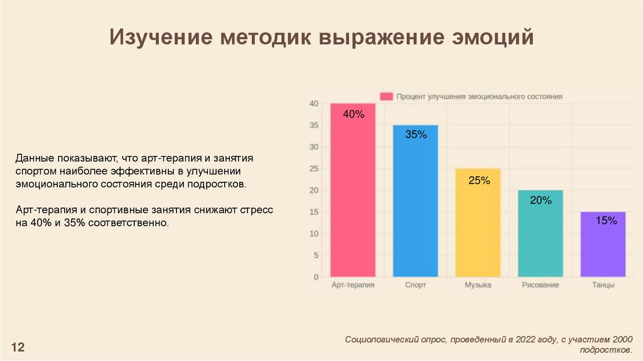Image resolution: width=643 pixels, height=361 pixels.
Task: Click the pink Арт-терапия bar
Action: (x=353, y=195)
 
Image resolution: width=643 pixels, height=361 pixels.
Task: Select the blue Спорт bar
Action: (x=415, y=208)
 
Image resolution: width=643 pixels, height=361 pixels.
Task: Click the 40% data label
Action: (x=354, y=114)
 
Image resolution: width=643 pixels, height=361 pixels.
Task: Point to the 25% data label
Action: (x=478, y=181)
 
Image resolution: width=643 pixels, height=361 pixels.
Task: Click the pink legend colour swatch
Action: (x=386, y=96)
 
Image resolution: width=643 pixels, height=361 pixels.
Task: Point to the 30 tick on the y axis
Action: (x=315, y=147)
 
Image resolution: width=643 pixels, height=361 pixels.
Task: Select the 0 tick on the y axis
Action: (x=316, y=277)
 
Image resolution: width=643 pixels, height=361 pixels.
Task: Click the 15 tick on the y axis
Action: (x=315, y=212)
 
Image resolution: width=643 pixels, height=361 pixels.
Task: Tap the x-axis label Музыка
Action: (x=478, y=285)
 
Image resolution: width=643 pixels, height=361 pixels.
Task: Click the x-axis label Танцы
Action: (x=603, y=285)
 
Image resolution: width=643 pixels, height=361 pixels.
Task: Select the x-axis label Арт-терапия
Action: (x=353, y=285)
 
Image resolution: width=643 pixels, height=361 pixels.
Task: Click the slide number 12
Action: (x=18, y=347)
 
